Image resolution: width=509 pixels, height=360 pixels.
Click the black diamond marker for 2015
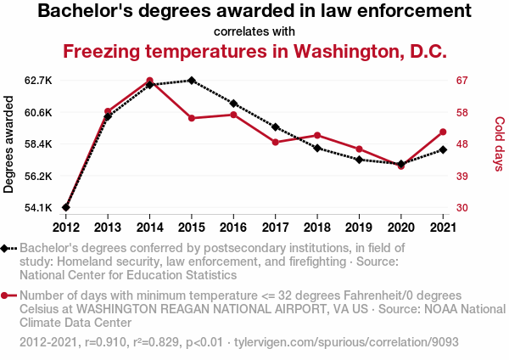(x=192, y=81)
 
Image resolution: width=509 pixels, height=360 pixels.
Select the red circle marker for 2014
(x=149, y=81)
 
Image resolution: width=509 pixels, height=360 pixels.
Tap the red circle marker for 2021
(x=442, y=132)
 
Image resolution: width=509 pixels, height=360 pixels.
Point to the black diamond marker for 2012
(x=66, y=207)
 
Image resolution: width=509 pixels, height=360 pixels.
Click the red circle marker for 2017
(x=275, y=142)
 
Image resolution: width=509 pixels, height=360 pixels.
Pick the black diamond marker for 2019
(x=359, y=160)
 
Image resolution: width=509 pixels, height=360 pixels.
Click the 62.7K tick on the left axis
(x=38, y=81)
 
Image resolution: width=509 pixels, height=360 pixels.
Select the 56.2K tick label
(x=38, y=176)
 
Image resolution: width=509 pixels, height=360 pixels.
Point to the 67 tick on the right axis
(x=461, y=81)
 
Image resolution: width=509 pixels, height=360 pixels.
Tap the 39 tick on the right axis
(x=461, y=176)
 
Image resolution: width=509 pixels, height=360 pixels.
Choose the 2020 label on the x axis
(x=400, y=227)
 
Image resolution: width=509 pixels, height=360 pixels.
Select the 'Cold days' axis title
(x=499, y=144)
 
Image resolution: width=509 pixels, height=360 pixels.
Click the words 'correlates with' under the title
(x=255, y=31)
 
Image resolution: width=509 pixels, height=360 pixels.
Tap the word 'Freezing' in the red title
(x=103, y=51)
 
